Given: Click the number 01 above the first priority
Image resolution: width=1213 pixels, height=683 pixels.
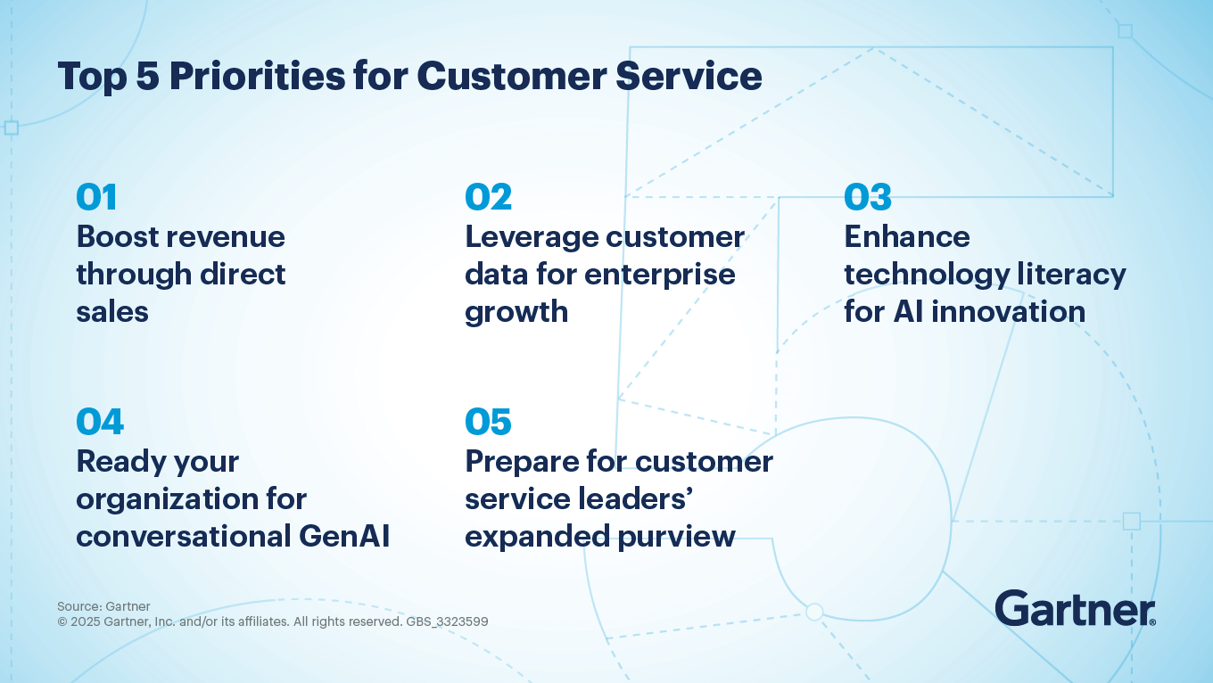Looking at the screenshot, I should [x=96, y=198].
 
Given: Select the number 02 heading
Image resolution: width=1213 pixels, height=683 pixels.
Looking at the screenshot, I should [x=488, y=198].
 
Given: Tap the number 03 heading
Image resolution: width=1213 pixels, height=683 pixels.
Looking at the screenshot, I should [x=868, y=198].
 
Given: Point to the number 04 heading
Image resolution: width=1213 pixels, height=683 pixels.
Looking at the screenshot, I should [x=100, y=422].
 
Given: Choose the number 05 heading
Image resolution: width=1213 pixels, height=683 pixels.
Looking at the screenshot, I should [x=488, y=422].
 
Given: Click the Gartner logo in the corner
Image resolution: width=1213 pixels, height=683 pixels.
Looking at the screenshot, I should [x=1075, y=608].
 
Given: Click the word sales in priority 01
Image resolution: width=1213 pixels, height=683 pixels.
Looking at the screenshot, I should [x=111, y=311].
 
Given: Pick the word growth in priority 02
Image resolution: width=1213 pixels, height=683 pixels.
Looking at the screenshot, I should [x=516, y=313].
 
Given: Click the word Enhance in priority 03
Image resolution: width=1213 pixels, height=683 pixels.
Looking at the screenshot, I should [x=906, y=236].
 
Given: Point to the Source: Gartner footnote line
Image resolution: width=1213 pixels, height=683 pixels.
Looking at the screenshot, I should [x=103, y=606].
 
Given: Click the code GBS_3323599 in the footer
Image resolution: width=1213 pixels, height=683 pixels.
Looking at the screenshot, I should [x=447, y=621].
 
